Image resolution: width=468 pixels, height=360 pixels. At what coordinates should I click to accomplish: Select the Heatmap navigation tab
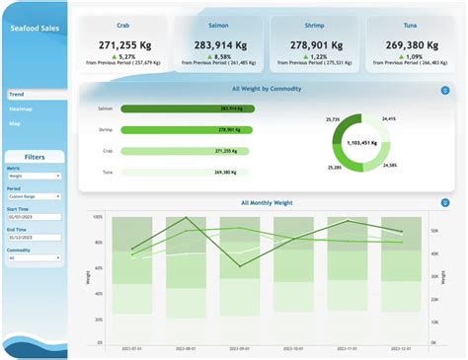(x=22, y=108)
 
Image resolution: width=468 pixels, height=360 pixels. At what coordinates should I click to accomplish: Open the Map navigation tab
(x=15, y=123)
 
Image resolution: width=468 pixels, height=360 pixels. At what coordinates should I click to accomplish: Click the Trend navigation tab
(x=17, y=95)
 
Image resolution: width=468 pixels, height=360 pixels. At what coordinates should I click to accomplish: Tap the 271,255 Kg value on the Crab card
(x=122, y=44)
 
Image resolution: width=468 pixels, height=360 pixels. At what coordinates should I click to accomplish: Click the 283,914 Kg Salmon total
(x=219, y=44)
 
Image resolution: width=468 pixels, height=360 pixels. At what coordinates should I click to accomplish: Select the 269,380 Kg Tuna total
(x=410, y=44)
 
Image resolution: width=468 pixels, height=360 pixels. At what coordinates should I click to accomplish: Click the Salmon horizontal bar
(x=188, y=108)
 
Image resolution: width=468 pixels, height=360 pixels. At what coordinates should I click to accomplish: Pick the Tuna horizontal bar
(x=188, y=172)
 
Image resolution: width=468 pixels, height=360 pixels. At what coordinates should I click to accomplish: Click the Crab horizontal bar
(x=188, y=151)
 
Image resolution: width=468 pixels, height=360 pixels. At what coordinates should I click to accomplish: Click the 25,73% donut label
(x=333, y=119)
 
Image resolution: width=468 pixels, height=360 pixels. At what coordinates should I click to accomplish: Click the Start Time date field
(x=35, y=218)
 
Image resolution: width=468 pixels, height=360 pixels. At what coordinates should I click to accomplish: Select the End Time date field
(x=35, y=238)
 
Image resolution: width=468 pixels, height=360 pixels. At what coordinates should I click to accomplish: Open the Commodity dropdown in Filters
(x=35, y=258)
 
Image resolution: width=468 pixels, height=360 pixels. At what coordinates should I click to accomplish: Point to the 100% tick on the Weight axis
(x=97, y=216)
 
